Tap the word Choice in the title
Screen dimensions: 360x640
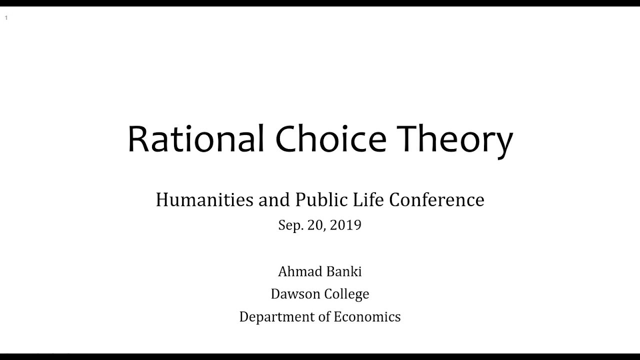click(330, 139)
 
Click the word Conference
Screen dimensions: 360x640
click(436, 200)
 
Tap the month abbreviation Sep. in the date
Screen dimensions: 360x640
click(290, 225)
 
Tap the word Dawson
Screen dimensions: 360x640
click(295, 294)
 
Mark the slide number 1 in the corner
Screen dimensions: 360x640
click(6, 18)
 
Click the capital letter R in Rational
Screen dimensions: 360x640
click(139, 139)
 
